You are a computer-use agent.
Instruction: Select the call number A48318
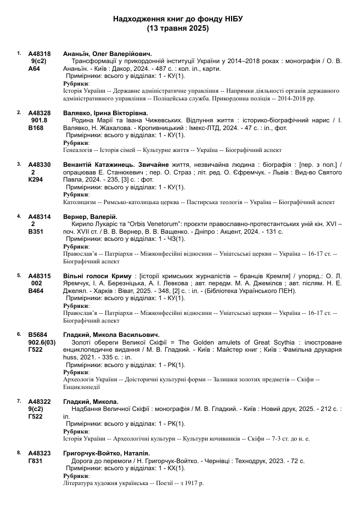click(x=40, y=54)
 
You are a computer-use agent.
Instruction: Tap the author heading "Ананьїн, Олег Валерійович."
click(x=108, y=54)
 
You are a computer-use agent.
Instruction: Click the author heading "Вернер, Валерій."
click(x=91, y=217)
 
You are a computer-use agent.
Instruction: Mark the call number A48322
click(x=40, y=402)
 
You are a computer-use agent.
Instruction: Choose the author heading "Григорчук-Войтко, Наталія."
click(x=106, y=453)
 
